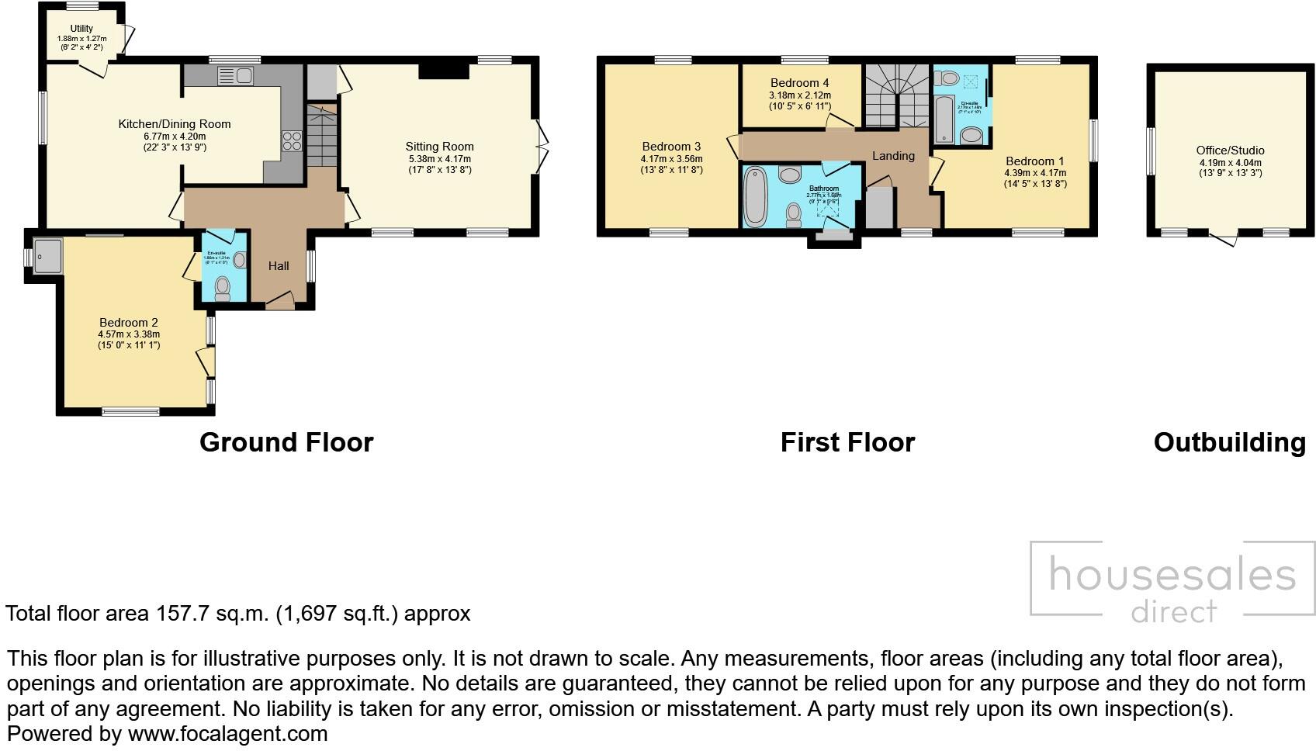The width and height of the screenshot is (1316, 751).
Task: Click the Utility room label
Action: click(81, 29)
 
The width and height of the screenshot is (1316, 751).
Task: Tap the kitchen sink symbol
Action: click(235, 75)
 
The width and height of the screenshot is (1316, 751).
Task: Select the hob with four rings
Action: click(292, 140)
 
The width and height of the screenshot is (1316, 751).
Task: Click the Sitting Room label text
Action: click(439, 147)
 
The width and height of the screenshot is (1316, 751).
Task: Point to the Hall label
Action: click(279, 266)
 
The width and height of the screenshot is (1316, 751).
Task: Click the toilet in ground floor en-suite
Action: click(223, 288)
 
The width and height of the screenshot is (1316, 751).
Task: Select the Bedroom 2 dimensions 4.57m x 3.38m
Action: click(129, 334)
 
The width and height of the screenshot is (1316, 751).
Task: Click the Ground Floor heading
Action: click(286, 442)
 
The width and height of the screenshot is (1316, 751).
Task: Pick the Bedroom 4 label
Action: click(799, 83)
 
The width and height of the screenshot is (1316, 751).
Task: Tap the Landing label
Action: click(893, 156)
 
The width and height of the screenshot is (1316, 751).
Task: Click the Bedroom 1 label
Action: click(1035, 162)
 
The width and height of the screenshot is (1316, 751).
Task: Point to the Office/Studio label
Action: click(1230, 151)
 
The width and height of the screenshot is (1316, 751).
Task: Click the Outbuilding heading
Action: click(1230, 442)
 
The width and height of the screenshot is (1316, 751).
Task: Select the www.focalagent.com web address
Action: click(227, 733)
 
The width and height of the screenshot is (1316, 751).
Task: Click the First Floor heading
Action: click(847, 442)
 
